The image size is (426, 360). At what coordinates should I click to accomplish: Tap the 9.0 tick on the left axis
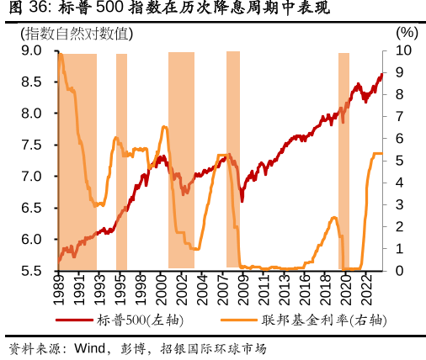point(31,50)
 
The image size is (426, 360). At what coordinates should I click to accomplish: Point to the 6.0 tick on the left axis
point(31,240)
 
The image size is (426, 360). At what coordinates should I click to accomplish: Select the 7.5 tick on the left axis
point(31,145)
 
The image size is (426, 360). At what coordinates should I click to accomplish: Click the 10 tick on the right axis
point(403,50)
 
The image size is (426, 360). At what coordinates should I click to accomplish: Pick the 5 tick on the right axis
point(399,161)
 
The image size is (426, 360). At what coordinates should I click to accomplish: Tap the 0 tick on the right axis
point(399,271)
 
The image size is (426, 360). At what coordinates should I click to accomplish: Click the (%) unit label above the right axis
point(405,34)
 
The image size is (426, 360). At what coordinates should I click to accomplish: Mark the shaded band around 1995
point(121,160)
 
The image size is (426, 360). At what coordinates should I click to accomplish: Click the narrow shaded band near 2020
point(343,160)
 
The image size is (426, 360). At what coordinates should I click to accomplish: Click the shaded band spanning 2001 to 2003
point(181,160)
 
